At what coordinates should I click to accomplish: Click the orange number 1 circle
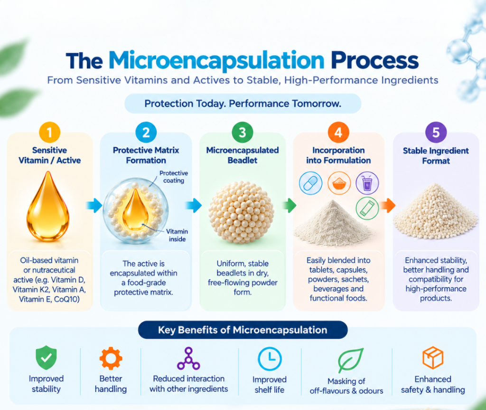[49, 133]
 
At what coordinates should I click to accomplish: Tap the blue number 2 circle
[146, 133]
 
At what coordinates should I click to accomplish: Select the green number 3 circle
[243, 133]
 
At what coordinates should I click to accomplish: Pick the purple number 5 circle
[436, 133]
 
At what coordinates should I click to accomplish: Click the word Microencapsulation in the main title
[216, 60]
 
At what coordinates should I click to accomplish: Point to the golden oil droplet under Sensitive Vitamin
[48, 207]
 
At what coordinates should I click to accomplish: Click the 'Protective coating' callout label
[174, 177]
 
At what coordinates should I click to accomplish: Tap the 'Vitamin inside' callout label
[177, 235]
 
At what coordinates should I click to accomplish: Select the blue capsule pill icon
[310, 183]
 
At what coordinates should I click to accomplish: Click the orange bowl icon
[339, 183]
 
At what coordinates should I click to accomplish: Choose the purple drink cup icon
[367, 183]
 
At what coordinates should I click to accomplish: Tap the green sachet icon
[367, 208]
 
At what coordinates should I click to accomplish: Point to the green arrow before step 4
[290, 205]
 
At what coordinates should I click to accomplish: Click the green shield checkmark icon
[46, 358]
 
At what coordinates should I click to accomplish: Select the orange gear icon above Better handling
[111, 359]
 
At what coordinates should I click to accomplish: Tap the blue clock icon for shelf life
[270, 359]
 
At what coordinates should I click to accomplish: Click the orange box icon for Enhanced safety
[433, 358]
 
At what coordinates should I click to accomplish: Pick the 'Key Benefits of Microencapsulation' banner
[243, 330]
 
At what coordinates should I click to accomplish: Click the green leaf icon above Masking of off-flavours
[350, 360]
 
